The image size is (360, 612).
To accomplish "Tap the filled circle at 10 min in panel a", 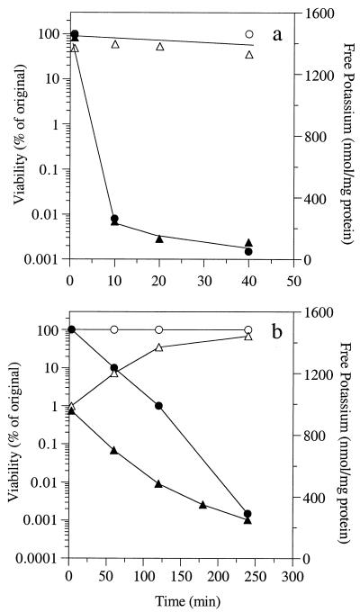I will [x=114, y=219].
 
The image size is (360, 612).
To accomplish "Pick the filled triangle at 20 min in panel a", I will [x=159, y=238].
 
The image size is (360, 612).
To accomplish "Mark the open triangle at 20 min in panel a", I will [x=159, y=46].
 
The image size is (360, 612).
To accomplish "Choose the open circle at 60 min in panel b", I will [x=113, y=329].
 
